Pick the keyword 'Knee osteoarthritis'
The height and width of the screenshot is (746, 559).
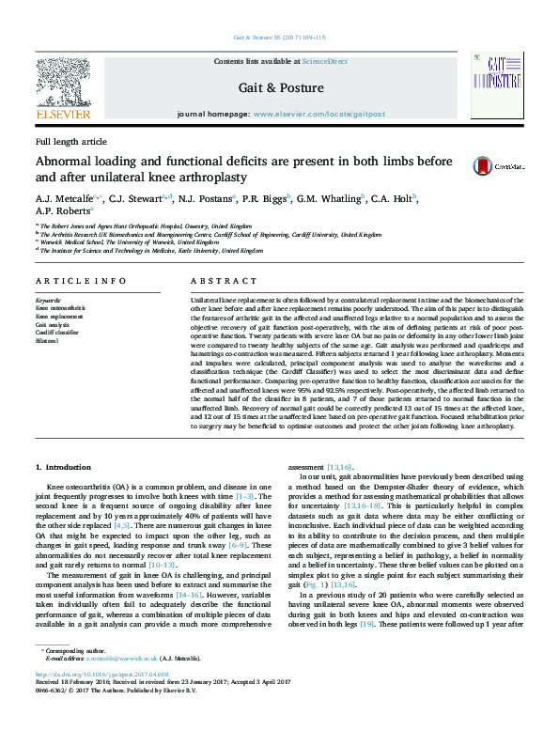coord(60,307)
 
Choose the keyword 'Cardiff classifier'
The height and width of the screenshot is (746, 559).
coord(57,332)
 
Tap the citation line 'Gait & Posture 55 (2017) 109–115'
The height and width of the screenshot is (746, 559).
coord(279,38)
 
